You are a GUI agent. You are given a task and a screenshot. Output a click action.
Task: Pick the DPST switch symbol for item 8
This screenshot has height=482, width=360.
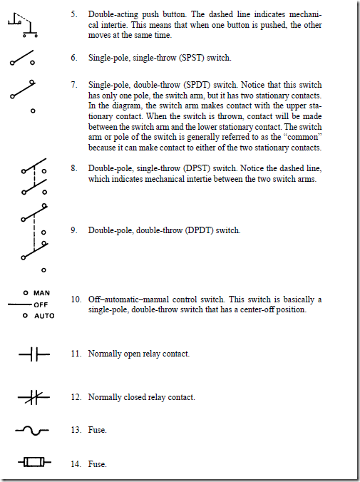(x=31, y=178)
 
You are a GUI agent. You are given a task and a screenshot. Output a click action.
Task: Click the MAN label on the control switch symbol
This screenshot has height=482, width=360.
(x=41, y=293)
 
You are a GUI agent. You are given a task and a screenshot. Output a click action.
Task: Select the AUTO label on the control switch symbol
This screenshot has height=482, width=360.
(x=43, y=316)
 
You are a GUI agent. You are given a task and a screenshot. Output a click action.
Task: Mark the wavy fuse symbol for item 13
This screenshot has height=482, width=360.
(x=32, y=430)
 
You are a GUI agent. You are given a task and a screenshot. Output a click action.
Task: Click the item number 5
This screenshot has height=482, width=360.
(x=74, y=14)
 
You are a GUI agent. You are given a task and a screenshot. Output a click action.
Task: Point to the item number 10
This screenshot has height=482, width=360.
(x=75, y=299)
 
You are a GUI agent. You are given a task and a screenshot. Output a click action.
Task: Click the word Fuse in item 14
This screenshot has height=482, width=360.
(x=97, y=464)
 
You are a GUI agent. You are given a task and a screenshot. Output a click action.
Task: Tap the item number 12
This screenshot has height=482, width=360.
(x=75, y=397)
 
